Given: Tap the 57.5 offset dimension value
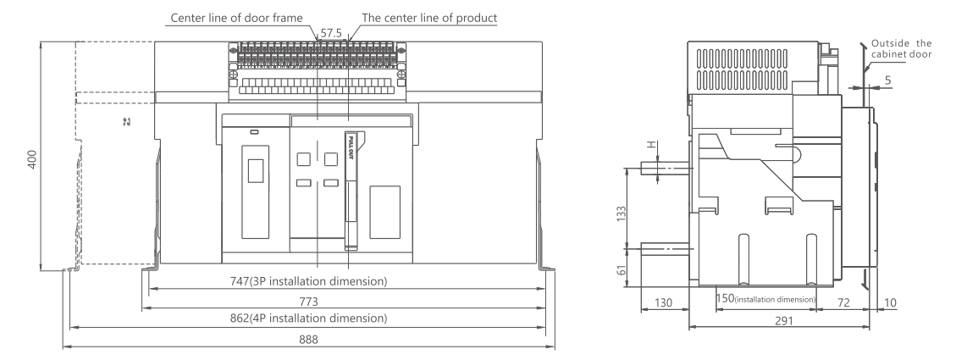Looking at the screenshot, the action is (x=331, y=33).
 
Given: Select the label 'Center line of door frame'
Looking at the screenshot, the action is (x=236, y=18).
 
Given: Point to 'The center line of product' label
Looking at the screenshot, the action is (x=430, y=18).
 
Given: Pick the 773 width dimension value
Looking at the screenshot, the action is (x=308, y=302).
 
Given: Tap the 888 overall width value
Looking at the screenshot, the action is (x=308, y=340).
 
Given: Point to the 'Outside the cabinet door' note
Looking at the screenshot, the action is (x=901, y=49).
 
